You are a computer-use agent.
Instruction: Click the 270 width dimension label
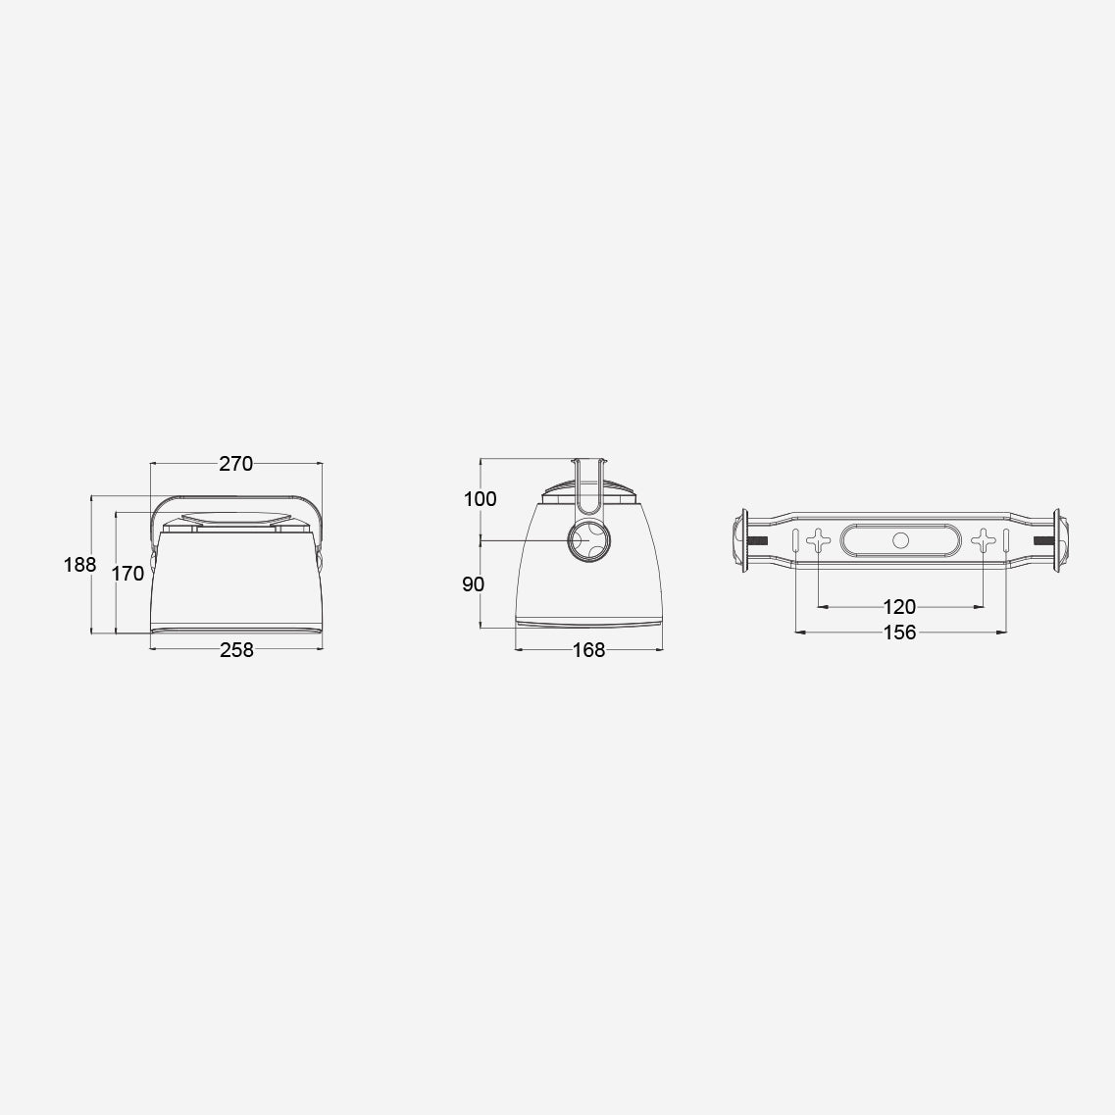coord(236,464)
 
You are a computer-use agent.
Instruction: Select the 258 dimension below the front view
coord(236,650)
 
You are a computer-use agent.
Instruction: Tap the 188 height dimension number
coord(79,565)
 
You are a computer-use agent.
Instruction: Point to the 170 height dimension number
coord(128,573)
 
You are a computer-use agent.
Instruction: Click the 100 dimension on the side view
coord(480,499)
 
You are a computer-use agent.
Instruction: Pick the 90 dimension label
coord(473,584)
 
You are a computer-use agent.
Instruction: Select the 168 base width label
coord(588,650)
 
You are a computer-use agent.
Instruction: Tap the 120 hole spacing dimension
coord(899,607)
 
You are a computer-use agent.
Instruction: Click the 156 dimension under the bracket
coord(899,633)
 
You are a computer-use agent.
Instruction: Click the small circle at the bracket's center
coord(900,540)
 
